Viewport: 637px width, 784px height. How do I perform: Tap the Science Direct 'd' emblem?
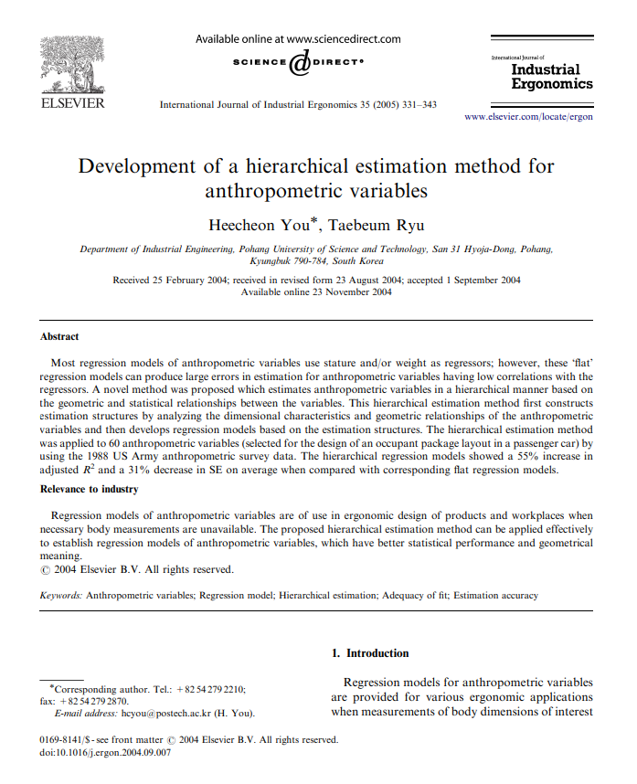[x=299, y=63]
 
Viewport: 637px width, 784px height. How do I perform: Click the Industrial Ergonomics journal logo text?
[x=545, y=76]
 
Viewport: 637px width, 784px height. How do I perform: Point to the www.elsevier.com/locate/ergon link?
[x=528, y=118]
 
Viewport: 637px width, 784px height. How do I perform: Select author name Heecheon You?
[x=262, y=225]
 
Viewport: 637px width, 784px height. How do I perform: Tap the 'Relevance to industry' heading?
[x=89, y=489]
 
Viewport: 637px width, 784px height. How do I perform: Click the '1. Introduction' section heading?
[x=370, y=653]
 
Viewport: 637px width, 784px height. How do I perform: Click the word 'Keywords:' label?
[x=61, y=595]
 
